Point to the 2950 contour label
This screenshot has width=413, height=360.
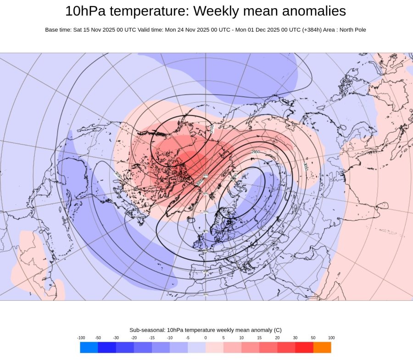point(256,151)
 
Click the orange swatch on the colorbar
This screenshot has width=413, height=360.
point(322,348)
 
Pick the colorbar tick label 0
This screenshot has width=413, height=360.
point(206,338)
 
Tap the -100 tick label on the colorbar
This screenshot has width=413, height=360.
point(81,338)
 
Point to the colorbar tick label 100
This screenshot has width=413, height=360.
point(331,338)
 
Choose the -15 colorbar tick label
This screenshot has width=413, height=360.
point(152,338)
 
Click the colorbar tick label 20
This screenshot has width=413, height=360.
point(277,338)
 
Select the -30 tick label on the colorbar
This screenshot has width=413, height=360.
point(116,338)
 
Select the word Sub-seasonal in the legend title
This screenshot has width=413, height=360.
point(147,330)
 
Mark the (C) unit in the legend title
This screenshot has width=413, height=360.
point(277,330)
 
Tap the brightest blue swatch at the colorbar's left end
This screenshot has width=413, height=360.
point(89,348)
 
